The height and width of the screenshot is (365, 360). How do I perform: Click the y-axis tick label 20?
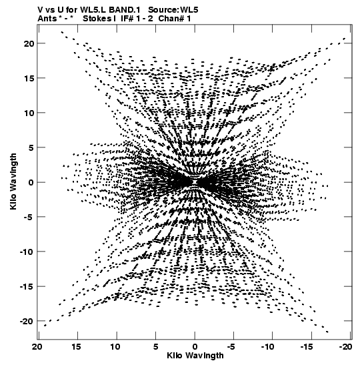tap(29, 43)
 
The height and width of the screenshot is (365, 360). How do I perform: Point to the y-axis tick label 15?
tap(29, 79)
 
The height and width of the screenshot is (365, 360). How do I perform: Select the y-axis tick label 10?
tap(29, 113)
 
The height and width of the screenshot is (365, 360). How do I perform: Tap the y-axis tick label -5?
tap(29, 218)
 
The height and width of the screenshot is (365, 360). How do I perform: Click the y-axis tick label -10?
tap(27, 252)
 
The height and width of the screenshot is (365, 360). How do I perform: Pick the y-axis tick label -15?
tap(27, 287)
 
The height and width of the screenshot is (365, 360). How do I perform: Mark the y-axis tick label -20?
tap(27, 322)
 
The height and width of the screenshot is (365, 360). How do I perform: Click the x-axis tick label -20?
tap(345, 347)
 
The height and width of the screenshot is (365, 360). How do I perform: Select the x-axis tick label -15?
tap(307, 347)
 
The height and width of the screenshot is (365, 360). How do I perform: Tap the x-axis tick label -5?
tap(231, 347)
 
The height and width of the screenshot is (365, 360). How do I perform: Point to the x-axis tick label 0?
tap(195, 347)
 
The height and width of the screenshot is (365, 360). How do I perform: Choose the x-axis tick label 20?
tap(37, 347)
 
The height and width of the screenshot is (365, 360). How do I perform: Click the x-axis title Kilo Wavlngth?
tap(195, 356)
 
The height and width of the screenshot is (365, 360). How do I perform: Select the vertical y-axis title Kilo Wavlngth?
tap(13, 181)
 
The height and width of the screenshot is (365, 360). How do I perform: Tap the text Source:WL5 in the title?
tap(173, 10)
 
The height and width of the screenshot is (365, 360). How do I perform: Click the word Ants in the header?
tap(47, 19)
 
